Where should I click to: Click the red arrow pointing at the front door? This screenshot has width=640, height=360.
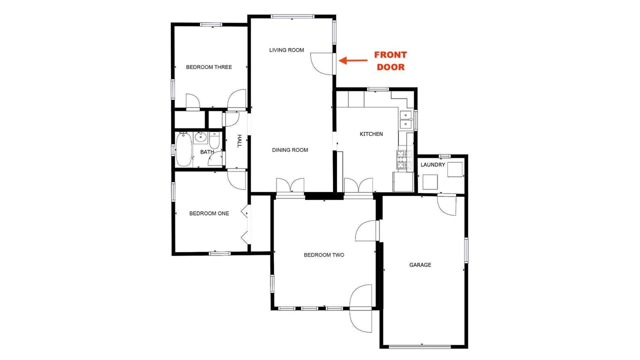click(353, 60)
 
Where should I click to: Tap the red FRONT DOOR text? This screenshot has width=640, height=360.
click(390, 61)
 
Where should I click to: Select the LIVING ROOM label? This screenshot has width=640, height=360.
click(286, 50)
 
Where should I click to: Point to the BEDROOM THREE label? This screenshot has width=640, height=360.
click(209, 67)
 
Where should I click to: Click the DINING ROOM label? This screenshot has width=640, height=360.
click(290, 150)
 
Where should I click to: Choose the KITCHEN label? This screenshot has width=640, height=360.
click(371, 134)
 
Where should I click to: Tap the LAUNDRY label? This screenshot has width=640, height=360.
click(433, 165)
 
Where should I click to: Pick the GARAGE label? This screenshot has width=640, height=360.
click(420, 265)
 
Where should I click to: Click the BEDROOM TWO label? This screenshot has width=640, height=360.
click(324, 255)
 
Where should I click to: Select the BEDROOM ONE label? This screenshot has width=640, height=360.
click(209, 213)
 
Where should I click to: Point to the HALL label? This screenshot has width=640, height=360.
click(239, 141)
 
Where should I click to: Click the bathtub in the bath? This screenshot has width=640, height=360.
click(183, 149)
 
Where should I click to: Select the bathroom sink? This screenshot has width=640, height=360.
click(200, 137)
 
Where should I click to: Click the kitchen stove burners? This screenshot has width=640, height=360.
click(404, 159)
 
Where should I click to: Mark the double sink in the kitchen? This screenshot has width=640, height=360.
click(405, 119)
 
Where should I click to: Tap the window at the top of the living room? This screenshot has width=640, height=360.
click(292, 16)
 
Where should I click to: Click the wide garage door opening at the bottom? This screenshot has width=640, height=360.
click(420, 347)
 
